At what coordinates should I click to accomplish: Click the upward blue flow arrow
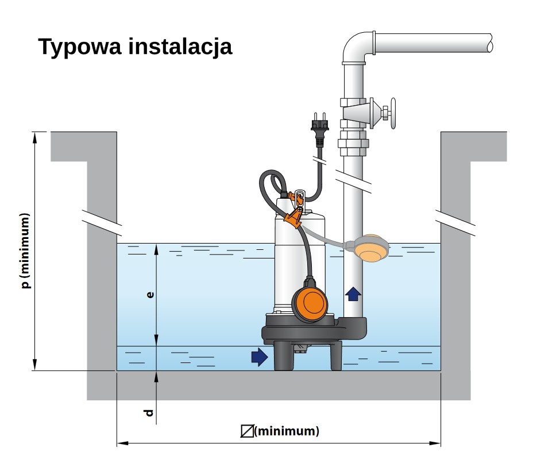(353, 294)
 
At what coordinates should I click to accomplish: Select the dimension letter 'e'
(149, 295)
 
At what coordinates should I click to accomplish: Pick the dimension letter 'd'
(149, 412)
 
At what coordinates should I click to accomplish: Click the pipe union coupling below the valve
(353, 144)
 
